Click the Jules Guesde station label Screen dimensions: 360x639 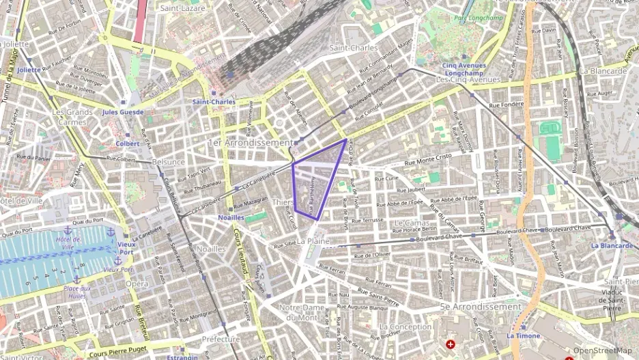tap(123, 112)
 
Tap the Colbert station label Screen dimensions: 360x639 tap(127, 144)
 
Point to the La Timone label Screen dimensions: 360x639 tap(523, 336)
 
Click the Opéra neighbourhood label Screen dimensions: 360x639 tap(137, 283)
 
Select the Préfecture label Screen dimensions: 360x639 tap(221, 339)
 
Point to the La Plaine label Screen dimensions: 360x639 tap(313, 241)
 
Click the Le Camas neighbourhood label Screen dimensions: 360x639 tap(412, 223)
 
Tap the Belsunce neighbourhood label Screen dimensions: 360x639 tap(168, 162)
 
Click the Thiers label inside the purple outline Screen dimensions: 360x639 tap(283, 202)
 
